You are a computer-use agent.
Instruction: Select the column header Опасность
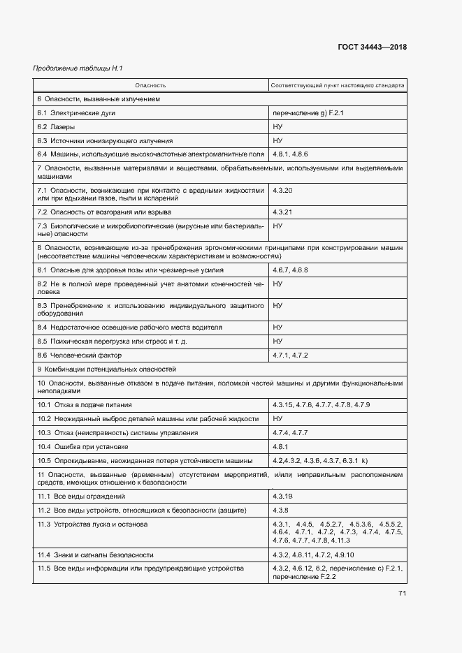pyautogui.click(x=150, y=86)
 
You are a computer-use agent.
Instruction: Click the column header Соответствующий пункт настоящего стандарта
pyautogui.click(x=338, y=86)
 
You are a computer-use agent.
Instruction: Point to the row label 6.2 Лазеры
pyautogui.click(x=56, y=127)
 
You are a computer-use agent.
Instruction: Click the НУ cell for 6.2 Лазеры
pyautogui.click(x=277, y=127)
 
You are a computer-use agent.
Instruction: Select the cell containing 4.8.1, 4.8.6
pyautogui.click(x=290, y=154)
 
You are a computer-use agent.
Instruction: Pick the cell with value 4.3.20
pyautogui.click(x=282, y=190)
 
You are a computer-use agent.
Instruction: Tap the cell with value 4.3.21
pyautogui.click(x=282, y=212)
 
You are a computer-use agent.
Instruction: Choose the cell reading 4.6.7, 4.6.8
pyautogui.click(x=290, y=270)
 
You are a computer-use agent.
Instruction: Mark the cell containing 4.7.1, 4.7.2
pyautogui.click(x=290, y=355)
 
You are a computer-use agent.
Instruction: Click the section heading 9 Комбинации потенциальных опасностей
pyautogui.click(x=106, y=369)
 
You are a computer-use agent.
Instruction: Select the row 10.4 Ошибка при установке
pyautogui.click(x=82, y=446)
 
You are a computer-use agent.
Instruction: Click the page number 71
pyautogui.click(x=403, y=594)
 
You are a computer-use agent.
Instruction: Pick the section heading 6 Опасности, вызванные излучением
pyautogui.click(x=99, y=99)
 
